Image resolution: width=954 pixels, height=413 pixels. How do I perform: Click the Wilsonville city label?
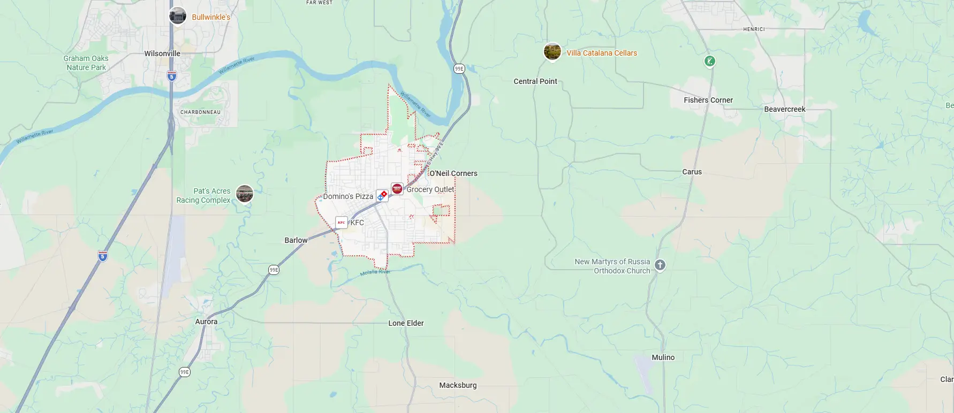click(x=162, y=53)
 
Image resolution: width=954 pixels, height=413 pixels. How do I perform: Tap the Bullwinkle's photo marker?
click(x=178, y=16)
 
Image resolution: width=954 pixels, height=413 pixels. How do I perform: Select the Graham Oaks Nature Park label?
click(x=86, y=63)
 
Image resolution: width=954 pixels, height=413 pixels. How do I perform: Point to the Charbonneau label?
click(x=200, y=112)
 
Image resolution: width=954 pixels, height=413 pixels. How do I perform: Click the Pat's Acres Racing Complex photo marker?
click(x=245, y=193)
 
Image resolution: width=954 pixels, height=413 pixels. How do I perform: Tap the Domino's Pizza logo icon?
click(x=382, y=196)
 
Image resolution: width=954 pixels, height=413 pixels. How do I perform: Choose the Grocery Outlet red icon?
click(x=397, y=189)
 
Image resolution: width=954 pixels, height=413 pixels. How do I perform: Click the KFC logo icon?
click(x=342, y=223)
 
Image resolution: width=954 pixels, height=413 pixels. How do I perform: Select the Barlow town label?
click(x=296, y=240)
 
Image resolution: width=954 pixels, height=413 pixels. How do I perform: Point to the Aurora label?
click(x=206, y=322)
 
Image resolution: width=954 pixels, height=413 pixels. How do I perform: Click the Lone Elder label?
click(x=406, y=323)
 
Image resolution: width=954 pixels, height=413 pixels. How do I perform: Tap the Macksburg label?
click(x=458, y=385)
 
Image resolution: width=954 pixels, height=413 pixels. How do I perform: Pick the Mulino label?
click(x=663, y=357)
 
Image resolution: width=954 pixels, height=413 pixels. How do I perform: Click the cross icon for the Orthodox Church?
click(x=660, y=265)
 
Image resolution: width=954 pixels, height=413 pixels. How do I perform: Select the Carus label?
click(x=692, y=172)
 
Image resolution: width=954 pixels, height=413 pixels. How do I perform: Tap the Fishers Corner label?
click(x=708, y=100)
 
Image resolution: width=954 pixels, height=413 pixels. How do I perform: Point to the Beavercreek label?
click(x=785, y=109)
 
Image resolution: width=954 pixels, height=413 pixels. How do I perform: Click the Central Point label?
click(x=535, y=81)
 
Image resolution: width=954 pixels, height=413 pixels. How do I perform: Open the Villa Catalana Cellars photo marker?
click(x=552, y=52)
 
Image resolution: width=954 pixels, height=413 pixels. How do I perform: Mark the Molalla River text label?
click(x=375, y=272)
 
